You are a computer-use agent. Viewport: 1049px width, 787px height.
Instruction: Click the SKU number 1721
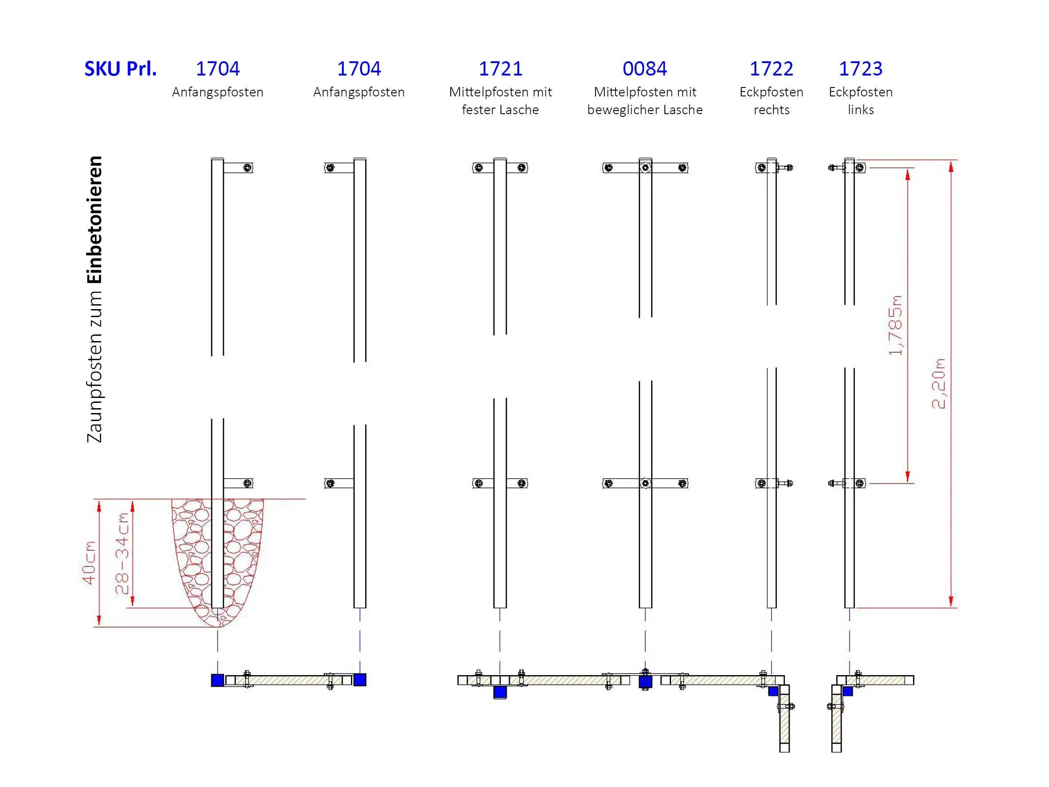[501, 69]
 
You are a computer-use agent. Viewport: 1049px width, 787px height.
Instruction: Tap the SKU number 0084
[644, 69]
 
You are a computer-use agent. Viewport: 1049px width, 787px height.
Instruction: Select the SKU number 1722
[771, 69]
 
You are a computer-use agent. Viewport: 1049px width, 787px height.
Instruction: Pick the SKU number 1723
[861, 69]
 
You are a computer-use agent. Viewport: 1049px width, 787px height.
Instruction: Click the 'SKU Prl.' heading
[120, 69]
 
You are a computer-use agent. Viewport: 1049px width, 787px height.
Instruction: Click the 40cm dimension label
[89, 563]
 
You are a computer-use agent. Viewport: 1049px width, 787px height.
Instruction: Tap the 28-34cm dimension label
[122, 553]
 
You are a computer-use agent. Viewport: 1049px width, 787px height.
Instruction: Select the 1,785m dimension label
[895, 326]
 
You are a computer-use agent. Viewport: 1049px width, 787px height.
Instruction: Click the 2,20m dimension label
[938, 383]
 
